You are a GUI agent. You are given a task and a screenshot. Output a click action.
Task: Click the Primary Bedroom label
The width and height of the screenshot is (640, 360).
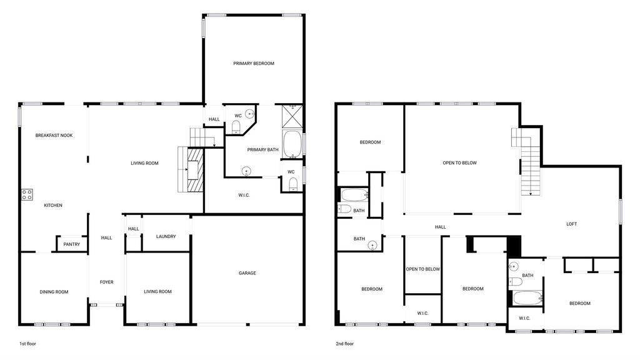click(x=254, y=63)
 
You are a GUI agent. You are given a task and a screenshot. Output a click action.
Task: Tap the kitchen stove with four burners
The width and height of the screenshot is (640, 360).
click(x=27, y=195)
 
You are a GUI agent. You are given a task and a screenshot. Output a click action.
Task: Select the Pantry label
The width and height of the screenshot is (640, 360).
click(x=72, y=244)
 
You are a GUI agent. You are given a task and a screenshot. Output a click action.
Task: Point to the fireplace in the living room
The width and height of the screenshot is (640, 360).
click(x=195, y=169)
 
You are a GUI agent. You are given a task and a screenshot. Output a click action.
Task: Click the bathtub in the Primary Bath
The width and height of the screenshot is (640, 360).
click(x=292, y=144)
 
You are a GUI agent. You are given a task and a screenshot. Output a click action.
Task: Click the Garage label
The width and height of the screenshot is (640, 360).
click(x=247, y=273)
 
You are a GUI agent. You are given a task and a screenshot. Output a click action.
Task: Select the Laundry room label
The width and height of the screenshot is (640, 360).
click(x=166, y=236)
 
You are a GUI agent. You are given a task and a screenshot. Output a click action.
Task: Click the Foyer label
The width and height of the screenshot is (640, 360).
click(x=106, y=282)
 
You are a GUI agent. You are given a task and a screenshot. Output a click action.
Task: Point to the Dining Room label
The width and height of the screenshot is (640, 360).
click(x=54, y=292)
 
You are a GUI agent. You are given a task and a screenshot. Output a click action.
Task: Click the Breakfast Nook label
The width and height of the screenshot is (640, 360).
click(x=54, y=135)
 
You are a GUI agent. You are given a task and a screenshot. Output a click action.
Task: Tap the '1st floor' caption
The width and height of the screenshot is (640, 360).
click(x=27, y=344)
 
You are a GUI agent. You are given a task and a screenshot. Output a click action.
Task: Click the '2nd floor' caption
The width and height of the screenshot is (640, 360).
click(x=345, y=344)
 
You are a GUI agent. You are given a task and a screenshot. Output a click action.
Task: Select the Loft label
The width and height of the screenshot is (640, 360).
click(x=572, y=224)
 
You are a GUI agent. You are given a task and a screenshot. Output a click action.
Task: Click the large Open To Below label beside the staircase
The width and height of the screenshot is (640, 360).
click(x=459, y=163)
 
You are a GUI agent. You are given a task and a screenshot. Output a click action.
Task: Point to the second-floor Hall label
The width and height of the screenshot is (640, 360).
click(x=441, y=227)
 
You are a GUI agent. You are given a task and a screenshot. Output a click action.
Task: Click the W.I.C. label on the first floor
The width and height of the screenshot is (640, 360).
click(x=244, y=195)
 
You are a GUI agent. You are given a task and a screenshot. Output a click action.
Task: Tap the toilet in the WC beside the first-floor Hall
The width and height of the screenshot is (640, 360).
click(x=236, y=127)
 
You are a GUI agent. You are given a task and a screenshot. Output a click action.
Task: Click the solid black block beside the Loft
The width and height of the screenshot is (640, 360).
click(x=514, y=246)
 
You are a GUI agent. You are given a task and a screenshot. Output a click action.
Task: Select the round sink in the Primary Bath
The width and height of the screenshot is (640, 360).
click(x=246, y=171)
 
